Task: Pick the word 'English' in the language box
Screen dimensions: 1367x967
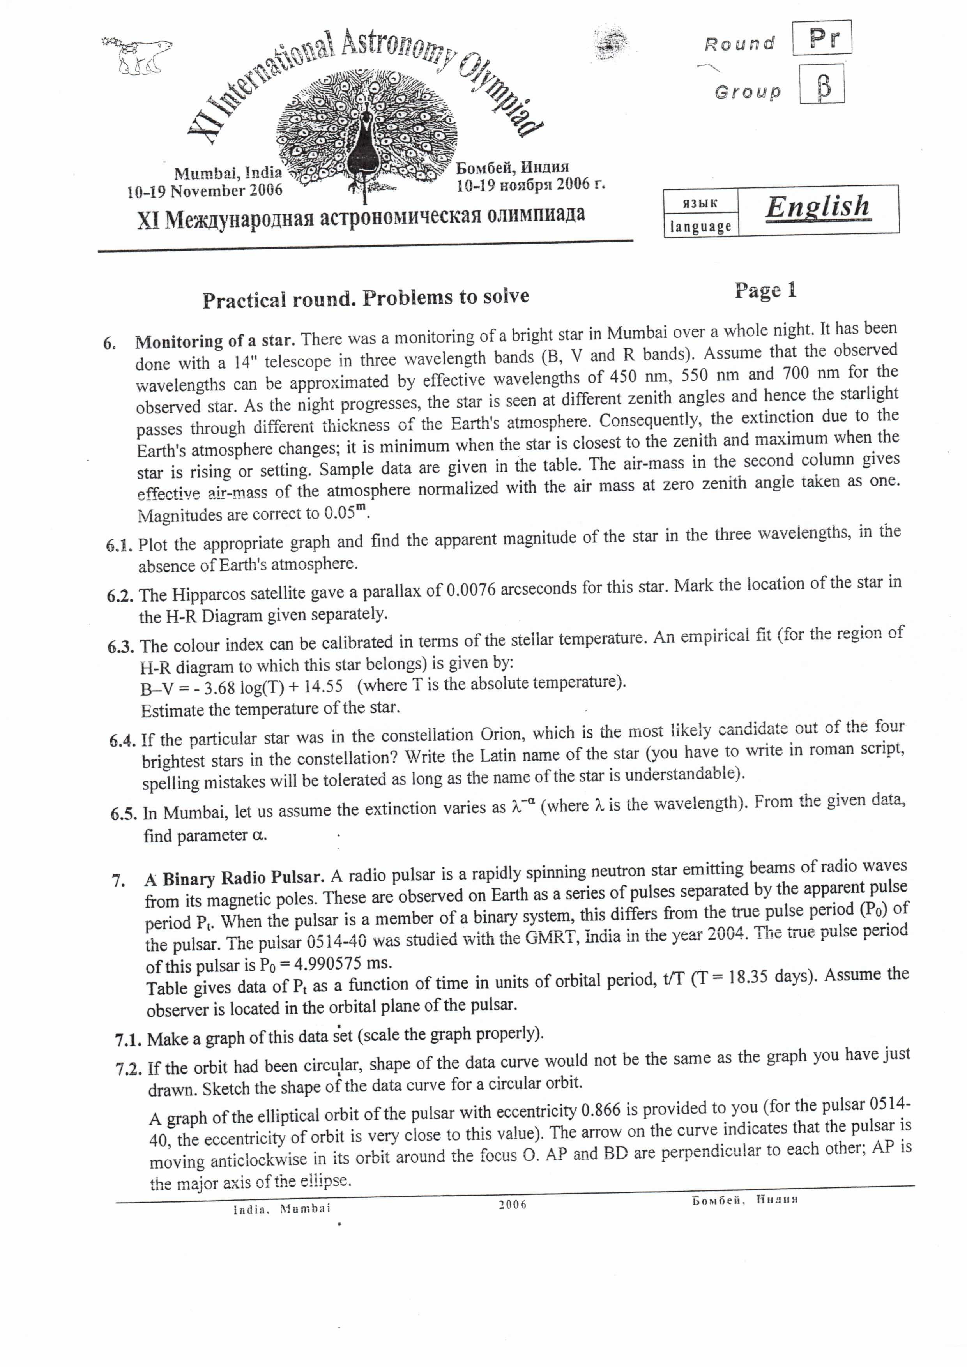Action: click(x=818, y=207)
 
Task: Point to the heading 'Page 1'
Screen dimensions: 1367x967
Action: click(x=765, y=291)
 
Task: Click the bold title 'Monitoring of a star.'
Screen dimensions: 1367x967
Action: click(x=215, y=341)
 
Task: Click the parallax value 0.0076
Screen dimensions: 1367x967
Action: click(x=471, y=590)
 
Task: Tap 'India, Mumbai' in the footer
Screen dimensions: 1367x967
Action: click(x=282, y=1209)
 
